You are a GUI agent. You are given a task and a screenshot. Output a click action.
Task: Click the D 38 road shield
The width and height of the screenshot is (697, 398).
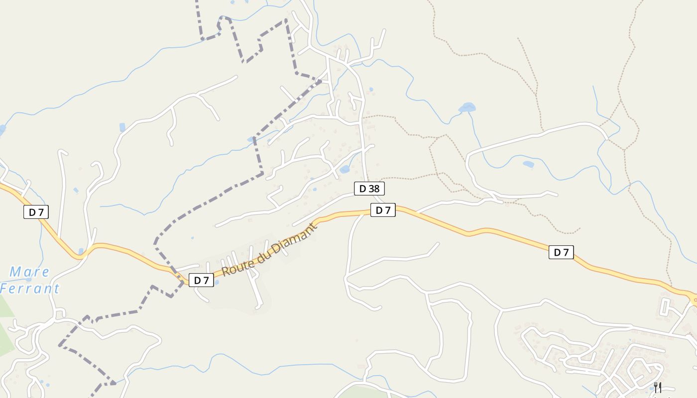(x=369, y=189)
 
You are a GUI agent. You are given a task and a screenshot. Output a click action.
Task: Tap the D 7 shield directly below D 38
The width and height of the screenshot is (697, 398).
(x=383, y=210)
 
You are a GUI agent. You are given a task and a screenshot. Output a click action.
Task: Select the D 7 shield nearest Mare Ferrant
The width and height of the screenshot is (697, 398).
(x=36, y=212)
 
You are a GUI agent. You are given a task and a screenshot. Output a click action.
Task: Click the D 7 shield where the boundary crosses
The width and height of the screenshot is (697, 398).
(x=201, y=280)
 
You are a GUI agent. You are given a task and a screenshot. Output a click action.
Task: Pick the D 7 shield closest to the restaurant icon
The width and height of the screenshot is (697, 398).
(x=561, y=252)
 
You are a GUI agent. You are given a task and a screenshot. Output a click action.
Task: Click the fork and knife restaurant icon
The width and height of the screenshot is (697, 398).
(x=658, y=387)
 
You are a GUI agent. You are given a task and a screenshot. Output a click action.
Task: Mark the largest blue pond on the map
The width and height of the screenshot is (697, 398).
(x=466, y=107)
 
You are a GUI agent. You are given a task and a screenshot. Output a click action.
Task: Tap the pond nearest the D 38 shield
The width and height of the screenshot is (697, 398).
(x=345, y=170)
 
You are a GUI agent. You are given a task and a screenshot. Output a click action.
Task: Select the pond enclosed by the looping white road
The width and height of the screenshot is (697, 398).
(x=528, y=164)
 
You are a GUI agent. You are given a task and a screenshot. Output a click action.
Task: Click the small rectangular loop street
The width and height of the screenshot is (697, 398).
(x=665, y=307)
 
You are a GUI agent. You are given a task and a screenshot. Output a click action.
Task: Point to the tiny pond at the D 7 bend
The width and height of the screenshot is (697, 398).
(x=81, y=251)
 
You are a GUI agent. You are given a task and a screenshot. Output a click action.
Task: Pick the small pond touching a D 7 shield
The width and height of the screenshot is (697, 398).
(x=216, y=283)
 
